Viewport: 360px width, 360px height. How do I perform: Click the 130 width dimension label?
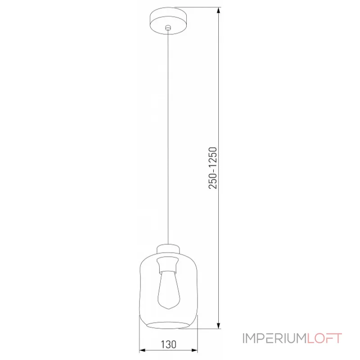[x=168, y=345]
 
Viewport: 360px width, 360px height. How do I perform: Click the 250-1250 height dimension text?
[x=212, y=168]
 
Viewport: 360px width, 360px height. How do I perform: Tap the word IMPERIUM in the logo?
[x=274, y=338]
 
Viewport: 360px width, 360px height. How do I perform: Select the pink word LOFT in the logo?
[x=324, y=338]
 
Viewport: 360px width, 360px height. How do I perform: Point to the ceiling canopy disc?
[x=168, y=21]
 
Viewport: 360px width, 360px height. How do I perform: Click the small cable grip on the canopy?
[x=168, y=28]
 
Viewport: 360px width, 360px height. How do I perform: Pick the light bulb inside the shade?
[x=169, y=290]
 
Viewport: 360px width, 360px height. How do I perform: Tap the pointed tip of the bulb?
[x=169, y=309]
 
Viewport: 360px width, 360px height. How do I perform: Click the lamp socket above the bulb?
[x=168, y=265]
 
